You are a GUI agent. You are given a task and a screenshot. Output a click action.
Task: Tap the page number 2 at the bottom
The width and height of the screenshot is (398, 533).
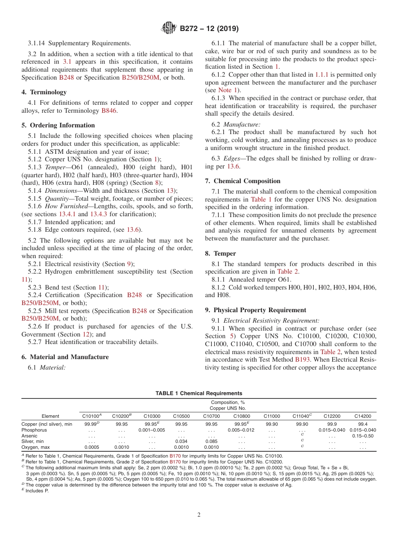tap(199, 515)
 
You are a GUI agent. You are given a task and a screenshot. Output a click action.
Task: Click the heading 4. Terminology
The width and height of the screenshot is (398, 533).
tap(44, 92)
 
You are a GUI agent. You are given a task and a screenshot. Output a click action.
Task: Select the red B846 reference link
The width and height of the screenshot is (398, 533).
tap(109, 111)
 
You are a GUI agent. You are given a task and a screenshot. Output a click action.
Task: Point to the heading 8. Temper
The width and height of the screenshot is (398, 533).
tap(220, 253)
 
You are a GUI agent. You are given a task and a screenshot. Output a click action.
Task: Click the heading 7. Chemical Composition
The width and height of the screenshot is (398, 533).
tap(243, 181)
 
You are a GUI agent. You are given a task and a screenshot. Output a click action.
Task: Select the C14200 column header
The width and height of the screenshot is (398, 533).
tap(363, 416)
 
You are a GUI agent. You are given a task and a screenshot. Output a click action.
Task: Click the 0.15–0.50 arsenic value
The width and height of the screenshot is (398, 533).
tap(363, 436)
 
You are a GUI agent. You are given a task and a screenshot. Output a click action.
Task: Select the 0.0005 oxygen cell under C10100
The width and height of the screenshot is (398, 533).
tap(92, 447)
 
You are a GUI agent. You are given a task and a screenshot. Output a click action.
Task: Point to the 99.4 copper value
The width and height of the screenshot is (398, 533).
tap(363, 424)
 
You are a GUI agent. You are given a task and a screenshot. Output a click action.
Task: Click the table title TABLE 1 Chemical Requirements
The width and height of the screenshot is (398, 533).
tap(199, 393)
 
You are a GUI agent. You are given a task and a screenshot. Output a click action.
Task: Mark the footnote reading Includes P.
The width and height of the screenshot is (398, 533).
tap(36, 491)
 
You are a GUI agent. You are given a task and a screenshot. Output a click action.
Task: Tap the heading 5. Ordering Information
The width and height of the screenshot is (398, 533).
tap(58, 125)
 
